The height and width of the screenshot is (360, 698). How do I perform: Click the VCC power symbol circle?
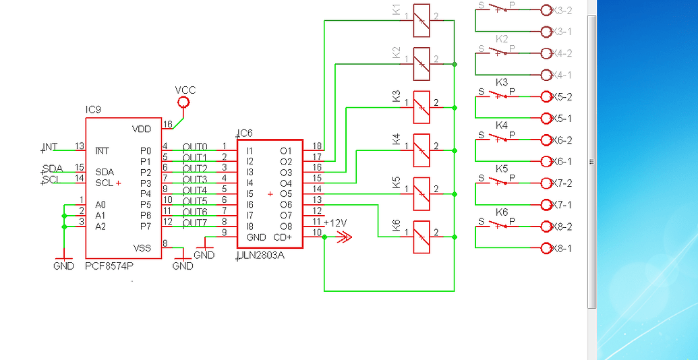tap(183, 102)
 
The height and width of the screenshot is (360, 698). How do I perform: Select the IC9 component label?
tap(93, 110)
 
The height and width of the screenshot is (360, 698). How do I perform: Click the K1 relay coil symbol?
tap(421, 20)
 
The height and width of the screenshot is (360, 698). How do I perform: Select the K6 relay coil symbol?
tap(421, 237)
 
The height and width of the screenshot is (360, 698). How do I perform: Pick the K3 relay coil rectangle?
tap(421, 107)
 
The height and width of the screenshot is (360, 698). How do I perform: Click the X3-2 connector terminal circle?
tap(546, 10)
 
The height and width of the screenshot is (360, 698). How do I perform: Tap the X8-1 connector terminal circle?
tap(546, 248)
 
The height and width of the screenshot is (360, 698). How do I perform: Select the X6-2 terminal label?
tap(562, 140)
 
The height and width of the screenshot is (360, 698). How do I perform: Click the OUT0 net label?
tap(195, 147)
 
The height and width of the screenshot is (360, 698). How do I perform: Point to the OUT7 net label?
tap(195, 222)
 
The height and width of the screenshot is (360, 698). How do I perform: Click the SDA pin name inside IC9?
tap(105, 172)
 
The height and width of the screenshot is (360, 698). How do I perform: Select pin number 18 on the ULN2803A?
tap(317, 146)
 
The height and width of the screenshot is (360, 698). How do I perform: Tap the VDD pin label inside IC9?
tap(142, 129)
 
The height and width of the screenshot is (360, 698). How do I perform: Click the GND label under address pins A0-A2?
tap(64, 266)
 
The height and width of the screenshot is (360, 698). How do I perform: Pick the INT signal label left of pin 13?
tap(51, 147)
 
